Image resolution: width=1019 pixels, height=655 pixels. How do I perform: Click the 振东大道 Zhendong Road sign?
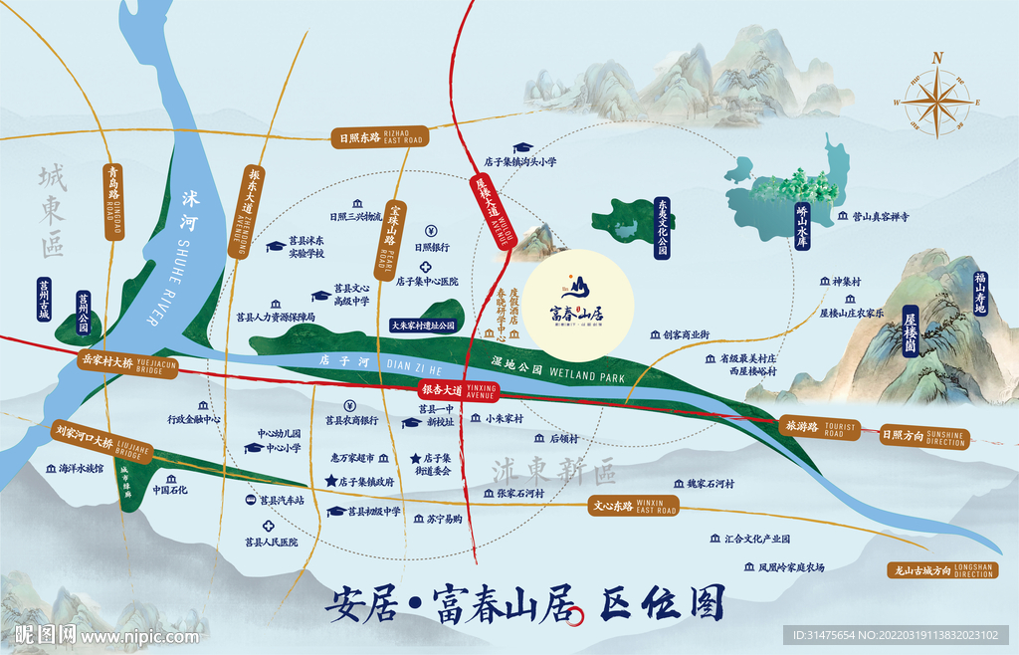[x=245, y=212]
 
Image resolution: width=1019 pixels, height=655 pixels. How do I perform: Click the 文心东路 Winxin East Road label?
[x=632, y=506]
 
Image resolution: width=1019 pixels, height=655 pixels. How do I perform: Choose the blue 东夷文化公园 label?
[x=661, y=228]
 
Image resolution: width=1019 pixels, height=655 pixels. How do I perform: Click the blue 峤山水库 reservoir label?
[x=802, y=225]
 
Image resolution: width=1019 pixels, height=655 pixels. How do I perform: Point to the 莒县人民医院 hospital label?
[x=271, y=543]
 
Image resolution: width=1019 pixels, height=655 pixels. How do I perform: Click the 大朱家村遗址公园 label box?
[x=423, y=325]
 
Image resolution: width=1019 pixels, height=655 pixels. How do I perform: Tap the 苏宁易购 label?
[x=444, y=519]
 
